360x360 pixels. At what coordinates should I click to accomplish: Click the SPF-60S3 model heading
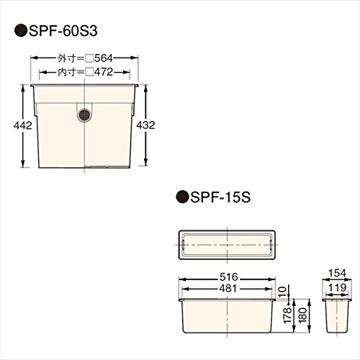63,31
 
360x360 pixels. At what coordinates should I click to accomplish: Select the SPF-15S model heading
220,197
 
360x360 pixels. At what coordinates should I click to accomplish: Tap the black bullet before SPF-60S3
21,31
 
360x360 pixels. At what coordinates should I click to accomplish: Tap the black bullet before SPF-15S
182,197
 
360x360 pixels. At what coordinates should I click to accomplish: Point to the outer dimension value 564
104,58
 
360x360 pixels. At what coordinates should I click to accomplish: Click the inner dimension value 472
104,72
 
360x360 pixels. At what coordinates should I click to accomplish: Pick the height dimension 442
23,125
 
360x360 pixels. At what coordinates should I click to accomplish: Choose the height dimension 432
145,125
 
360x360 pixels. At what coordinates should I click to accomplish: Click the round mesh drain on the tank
84,115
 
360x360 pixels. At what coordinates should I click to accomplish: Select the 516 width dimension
228,277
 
